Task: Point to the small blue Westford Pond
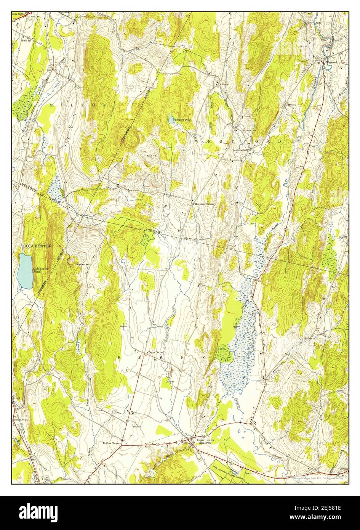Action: (x=171, y=119)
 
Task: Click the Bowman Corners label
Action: (x=205, y=204)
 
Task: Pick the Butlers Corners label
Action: (x=112, y=443)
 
